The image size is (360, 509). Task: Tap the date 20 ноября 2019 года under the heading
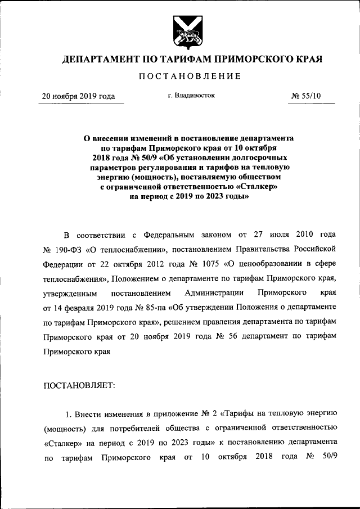[79, 97]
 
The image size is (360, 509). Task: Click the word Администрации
[214, 292]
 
